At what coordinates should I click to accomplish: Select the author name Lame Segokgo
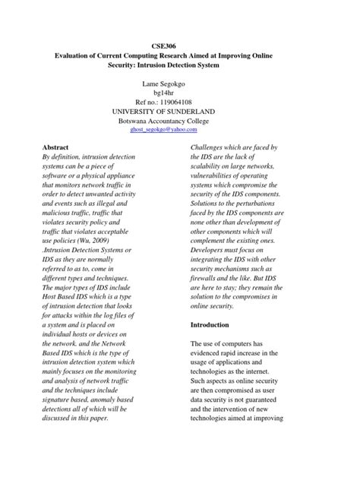pos(179,79)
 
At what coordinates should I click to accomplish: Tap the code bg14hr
pos(179,89)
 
